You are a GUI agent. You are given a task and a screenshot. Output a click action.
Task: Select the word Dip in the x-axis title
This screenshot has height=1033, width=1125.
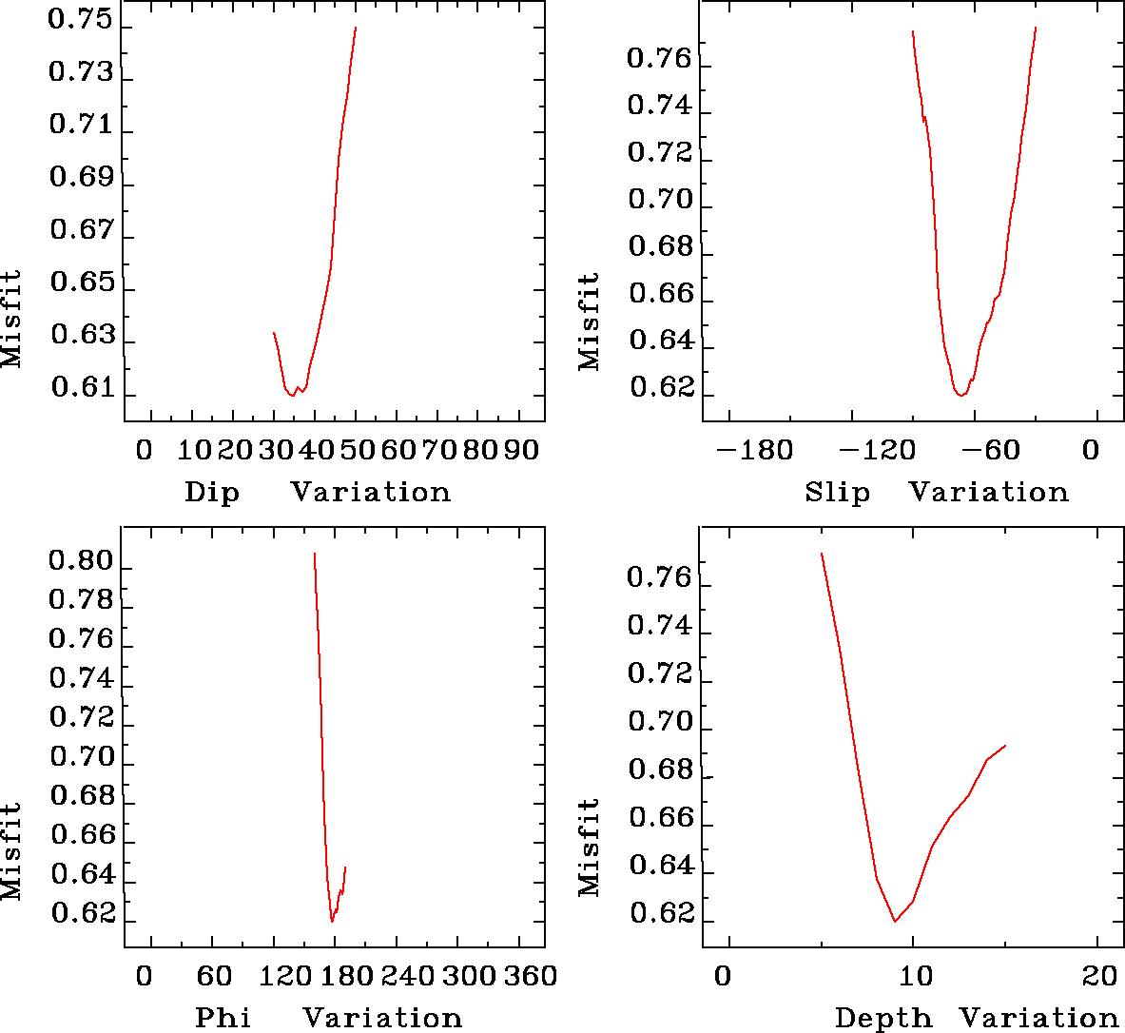coord(211,493)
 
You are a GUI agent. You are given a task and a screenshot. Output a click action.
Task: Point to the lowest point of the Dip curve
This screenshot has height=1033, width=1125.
coord(293,396)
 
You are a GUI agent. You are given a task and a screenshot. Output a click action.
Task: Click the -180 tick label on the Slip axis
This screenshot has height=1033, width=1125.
coord(754,449)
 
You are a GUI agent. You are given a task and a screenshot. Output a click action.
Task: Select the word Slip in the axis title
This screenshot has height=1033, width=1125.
coord(837,493)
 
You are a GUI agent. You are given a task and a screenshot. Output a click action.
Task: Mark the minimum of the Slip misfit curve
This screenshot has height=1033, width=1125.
coord(961,395)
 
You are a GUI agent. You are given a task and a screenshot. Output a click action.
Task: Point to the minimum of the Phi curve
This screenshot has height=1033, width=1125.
coord(332,922)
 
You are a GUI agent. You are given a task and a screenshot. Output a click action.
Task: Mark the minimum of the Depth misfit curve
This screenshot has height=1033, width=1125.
coord(895,921)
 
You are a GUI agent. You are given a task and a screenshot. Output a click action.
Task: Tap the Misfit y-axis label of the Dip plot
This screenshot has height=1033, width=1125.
coord(11,319)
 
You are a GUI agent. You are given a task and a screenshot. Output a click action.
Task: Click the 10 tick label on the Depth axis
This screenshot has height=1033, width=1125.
coord(913,976)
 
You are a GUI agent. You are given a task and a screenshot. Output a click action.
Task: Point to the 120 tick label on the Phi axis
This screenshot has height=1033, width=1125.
coord(273,975)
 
